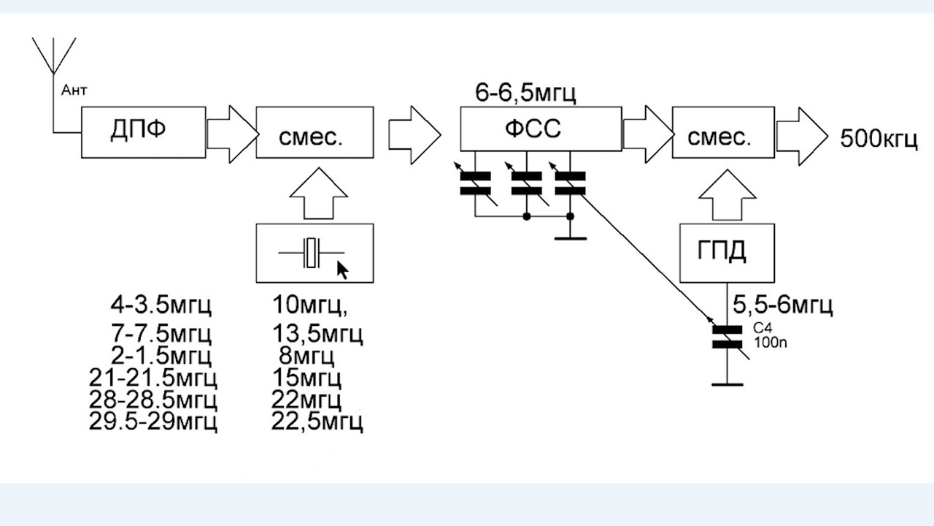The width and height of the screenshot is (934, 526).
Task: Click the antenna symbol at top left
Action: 54,56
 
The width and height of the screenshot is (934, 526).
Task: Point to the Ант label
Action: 74,90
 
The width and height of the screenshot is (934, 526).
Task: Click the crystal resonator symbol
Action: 312,253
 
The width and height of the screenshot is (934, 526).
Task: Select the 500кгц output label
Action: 879,139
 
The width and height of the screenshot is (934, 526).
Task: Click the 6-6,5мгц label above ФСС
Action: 525,93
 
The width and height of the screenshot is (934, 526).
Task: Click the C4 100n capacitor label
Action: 770,335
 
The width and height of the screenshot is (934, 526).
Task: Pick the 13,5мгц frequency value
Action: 317,334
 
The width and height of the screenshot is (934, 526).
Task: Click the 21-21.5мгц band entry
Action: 153,378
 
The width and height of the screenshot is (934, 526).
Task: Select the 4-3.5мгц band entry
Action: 161,305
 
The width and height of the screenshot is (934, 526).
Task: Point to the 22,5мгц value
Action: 317,422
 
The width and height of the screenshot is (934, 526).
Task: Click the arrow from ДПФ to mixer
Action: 233,134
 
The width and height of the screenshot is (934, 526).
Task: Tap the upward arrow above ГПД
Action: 727,194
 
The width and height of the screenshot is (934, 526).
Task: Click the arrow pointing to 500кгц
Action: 802,136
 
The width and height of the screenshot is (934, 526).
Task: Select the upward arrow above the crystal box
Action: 319,194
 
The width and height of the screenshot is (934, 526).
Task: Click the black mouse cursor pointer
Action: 342,270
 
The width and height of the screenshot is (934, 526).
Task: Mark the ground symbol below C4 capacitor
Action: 727,384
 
